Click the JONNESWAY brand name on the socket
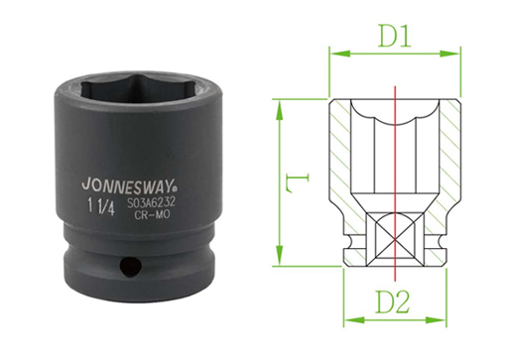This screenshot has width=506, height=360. click(128, 185)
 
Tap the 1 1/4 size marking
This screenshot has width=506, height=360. click(101, 207)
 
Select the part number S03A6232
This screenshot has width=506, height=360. click(151, 203)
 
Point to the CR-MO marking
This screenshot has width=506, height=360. click(152, 214)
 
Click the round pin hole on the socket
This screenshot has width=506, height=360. click(130, 266)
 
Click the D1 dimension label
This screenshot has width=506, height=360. click(395, 36)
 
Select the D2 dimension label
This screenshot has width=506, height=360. click(392, 302)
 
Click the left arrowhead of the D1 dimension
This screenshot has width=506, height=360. click(340, 54)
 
